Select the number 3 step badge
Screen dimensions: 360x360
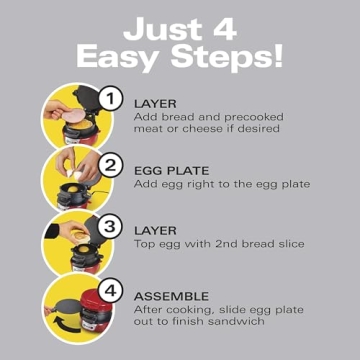coord(113,226)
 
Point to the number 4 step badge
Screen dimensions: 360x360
coord(113,293)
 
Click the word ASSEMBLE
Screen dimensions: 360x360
coord(171,297)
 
